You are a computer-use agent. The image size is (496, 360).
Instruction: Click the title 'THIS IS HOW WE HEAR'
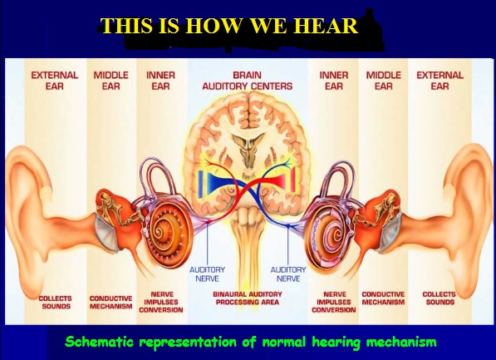229,25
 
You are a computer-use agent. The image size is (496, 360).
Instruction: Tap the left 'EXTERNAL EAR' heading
54,81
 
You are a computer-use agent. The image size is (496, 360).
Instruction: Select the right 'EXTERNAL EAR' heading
440,81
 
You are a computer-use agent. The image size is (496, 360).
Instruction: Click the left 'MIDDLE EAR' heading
110,81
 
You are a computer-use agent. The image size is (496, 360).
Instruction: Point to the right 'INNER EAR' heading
334,81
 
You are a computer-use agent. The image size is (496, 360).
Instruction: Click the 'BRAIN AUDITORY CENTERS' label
248,81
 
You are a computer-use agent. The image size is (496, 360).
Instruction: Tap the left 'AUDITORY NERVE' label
207,274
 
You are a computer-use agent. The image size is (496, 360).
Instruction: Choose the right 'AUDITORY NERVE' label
288,274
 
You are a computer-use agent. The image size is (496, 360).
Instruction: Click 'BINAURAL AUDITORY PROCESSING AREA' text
248,298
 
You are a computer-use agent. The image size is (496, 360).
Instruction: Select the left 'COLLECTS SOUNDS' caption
56,302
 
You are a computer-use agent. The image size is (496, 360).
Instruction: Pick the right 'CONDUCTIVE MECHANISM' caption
383,298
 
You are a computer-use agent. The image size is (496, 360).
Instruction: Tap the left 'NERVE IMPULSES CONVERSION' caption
161,302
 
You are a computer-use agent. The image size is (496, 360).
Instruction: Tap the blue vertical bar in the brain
200,185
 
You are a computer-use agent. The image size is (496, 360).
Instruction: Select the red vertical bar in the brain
293,180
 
